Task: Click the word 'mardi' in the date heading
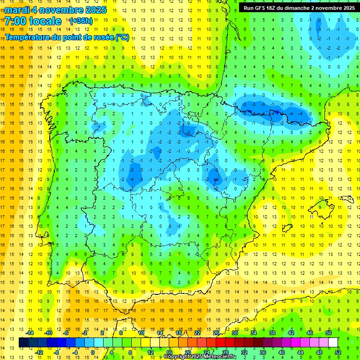pos(18,10)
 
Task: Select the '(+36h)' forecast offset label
pos(81,21)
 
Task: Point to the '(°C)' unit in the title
pos(122,37)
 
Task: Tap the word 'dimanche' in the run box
pos(298,7)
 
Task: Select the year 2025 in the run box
pos(345,7)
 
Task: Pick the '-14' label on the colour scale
pos(30,333)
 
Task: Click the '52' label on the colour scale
pos(337,352)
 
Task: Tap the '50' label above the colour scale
pos(328,333)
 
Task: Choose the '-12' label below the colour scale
pos(39,352)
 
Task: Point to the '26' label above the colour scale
pos(216,333)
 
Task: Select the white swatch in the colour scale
pos(333,342)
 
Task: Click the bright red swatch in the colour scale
pos(220,342)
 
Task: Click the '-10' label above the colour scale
pos(49,333)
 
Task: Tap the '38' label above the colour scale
pos(272,333)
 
